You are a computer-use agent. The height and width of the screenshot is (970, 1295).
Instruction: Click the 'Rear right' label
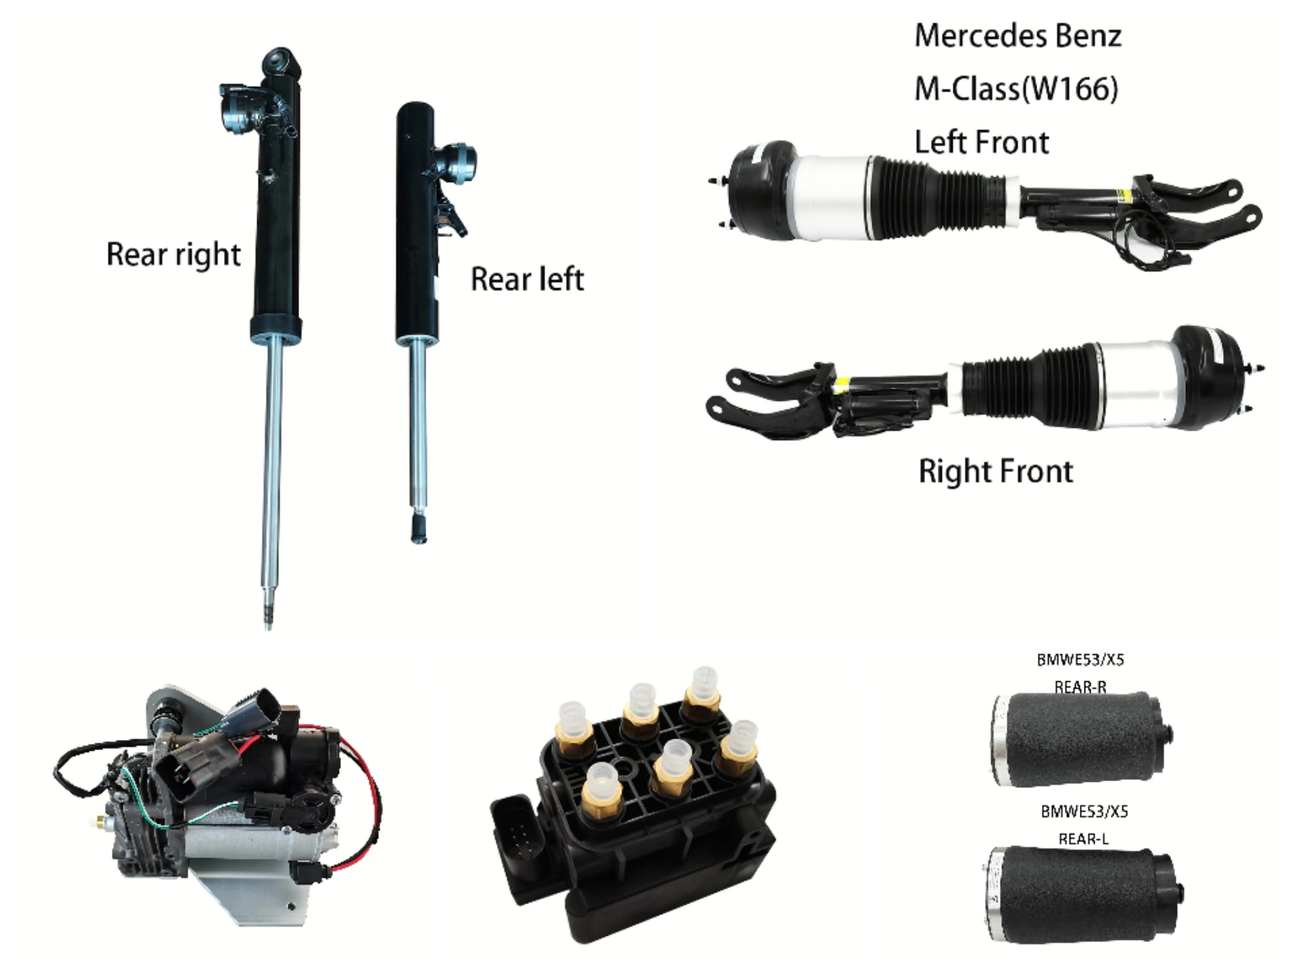coord(173,255)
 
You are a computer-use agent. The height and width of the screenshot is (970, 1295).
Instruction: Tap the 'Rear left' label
coord(526,279)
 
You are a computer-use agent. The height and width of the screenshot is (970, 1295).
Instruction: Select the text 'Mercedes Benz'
coord(1017,36)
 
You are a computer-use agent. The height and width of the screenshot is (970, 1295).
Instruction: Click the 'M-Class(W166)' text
coord(1016,89)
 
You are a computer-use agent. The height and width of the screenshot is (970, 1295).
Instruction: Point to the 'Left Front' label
coord(981,143)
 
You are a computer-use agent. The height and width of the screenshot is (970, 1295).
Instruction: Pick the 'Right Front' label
coord(995,472)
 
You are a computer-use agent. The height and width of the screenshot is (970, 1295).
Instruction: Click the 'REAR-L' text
coord(1083,839)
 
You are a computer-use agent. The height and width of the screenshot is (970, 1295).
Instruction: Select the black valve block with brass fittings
coord(648,827)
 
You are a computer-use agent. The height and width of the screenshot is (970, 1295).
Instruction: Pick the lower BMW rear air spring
coord(1079,893)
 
